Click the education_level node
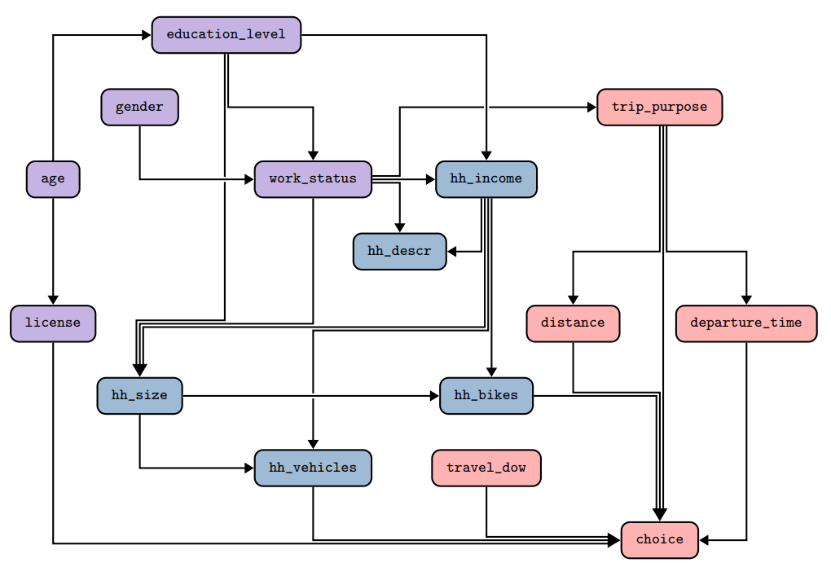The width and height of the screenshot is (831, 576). coord(226,35)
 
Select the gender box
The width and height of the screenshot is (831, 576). coord(139,108)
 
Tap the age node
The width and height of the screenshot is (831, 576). coord(53,179)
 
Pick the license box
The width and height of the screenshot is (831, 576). coord(53,323)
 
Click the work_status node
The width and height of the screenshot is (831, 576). coord(313,179)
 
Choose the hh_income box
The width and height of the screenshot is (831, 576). coord(486,179)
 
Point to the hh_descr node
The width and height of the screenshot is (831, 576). coord(399,251)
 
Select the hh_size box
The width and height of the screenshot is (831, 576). coord(139,396)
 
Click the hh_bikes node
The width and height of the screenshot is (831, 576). coord(486,396)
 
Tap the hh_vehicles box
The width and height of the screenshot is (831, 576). coord(313,468)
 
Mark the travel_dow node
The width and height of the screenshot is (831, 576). coord(486,468)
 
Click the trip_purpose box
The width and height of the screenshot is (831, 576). coord(659,108)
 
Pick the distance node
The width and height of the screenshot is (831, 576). coord(573,323)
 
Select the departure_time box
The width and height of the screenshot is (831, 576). coord(745,323)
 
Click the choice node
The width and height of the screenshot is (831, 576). coord(659,539)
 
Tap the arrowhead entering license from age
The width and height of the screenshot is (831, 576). coord(53,300)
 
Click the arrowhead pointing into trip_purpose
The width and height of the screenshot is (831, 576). coord(591,108)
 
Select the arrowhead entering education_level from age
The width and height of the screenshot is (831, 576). coord(147,35)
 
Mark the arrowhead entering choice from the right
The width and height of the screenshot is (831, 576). coord(705,539)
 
